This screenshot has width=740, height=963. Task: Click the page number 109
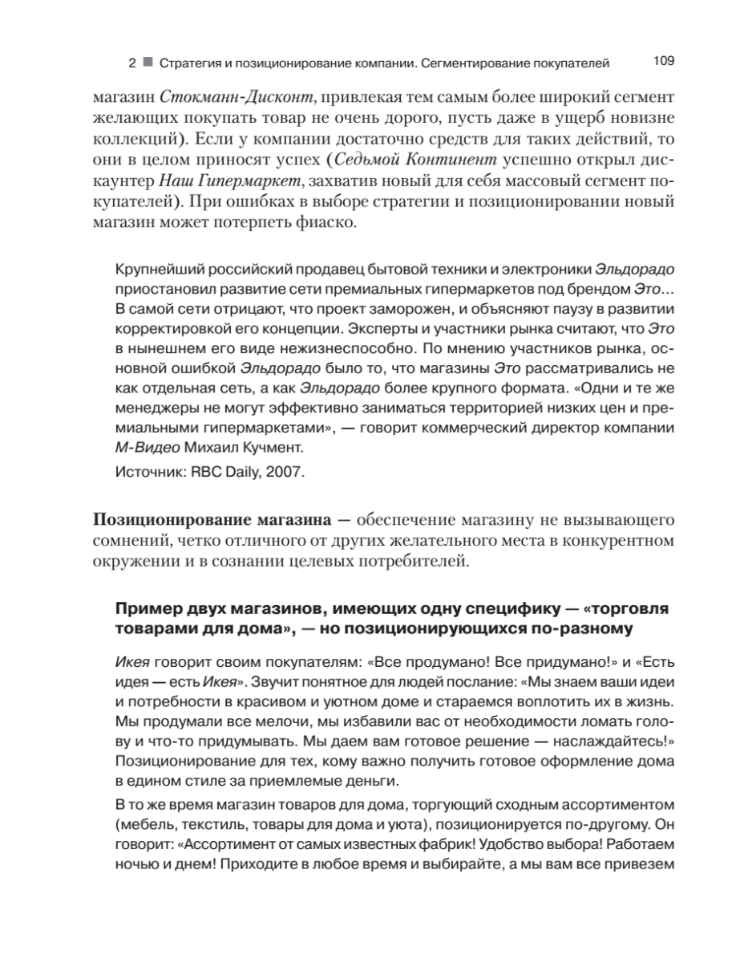(665, 60)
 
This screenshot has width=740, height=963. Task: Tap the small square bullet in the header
(148, 62)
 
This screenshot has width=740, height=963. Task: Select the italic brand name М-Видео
(145, 447)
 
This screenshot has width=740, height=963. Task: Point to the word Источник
(147, 473)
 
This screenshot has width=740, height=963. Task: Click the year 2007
(285, 473)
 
